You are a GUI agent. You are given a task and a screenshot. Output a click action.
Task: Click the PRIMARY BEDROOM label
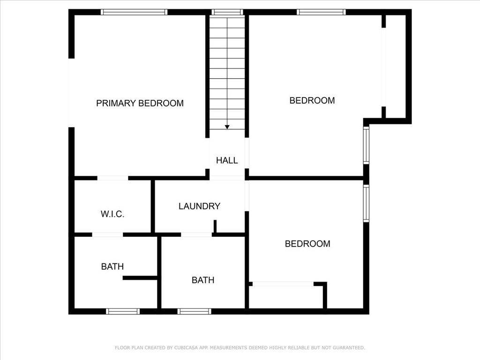pyautogui.click(x=140, y=103)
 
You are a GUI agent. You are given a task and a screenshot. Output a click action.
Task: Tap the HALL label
pyautogui.click(x=227, y=160)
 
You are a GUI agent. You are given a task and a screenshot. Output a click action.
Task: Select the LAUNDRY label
pyautogui.click(x=199, y=206)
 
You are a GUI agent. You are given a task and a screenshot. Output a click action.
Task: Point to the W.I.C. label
pyautogui.click(x=112, y=214)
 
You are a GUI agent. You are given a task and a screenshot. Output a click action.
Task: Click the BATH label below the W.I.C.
pyautogui.click(x=112, y=266)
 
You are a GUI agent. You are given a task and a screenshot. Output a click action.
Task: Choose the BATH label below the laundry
pyautogui.click(x=203, y=280)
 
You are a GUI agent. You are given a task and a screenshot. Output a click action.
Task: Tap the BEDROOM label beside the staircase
pyautogui.click(x=312, y=100)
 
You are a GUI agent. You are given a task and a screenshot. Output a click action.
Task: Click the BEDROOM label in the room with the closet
pyautogui.click(x=307, y=244)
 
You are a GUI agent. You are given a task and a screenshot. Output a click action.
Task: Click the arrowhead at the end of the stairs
pyautogui.click(x=227, y=127)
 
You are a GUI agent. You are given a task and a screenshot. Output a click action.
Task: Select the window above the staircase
pyautogui.click(x=227, y=12)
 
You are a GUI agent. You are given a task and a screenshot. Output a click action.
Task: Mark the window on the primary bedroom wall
pyautogui.click(x=134, y=12)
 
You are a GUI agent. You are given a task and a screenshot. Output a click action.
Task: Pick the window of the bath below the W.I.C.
pyautogui.click(x=123, y=311)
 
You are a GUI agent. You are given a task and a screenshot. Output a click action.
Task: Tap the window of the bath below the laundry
pyautogui.click(x=194, y=311)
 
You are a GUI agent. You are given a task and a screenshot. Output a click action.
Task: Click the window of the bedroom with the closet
pyautogui.click(x=366, y=203)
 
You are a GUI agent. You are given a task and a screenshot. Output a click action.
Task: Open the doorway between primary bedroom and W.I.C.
pyautogui.click(x=112, y=178)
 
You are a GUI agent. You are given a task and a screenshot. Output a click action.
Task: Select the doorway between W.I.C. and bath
pyautogui.click(x=107, y=235)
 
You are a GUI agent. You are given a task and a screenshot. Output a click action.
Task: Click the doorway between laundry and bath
pyautogui.click(x=196, y=235)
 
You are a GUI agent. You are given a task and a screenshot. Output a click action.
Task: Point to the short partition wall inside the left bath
pyautogui.click(x=140, y=278)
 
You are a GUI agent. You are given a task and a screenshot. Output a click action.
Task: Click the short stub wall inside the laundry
pyautogui.click(x=215, y=226)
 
